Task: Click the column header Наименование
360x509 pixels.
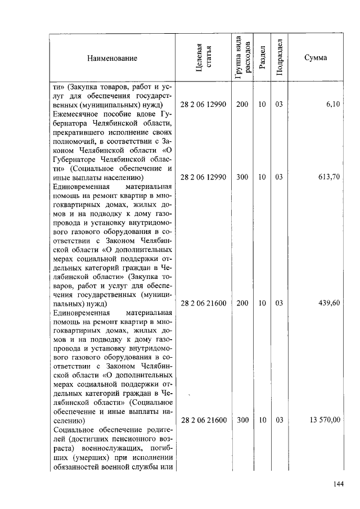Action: (x=111, y=58)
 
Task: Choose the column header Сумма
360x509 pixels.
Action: (x=315, y=58)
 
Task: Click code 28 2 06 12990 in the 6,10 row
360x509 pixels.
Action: (x=203, y=105)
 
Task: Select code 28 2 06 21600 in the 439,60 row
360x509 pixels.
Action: (x=203, y=303)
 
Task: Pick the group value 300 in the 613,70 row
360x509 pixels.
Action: (x=242, y=177)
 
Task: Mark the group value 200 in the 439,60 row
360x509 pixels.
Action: (x=242, y=303)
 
